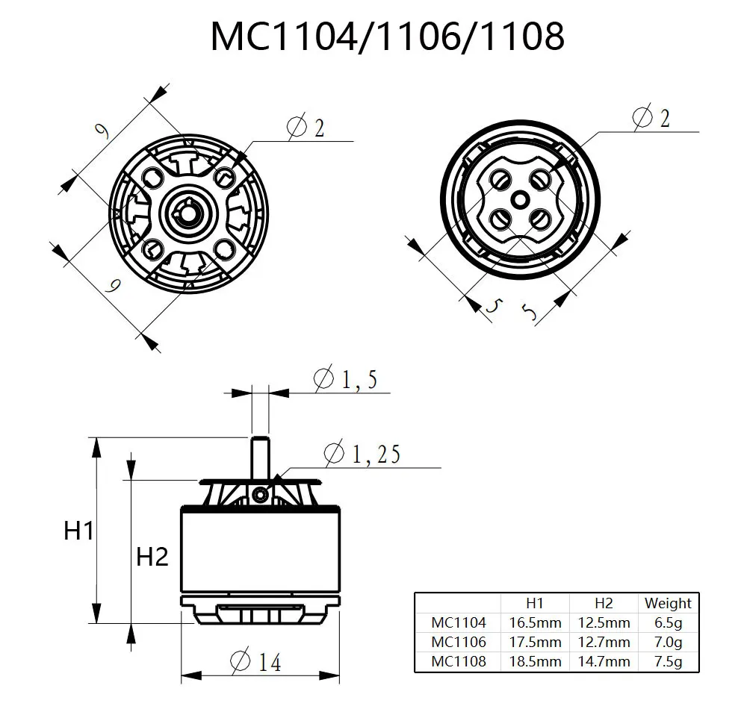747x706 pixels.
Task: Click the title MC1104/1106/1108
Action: [x=387, y=36]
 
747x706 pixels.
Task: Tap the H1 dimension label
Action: [x=79, y=531]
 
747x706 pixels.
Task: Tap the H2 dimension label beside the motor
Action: [x=152, y=556]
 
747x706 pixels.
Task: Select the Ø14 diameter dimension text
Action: [x=256, y=660]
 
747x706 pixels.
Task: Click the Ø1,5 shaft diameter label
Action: [x=345, y=380]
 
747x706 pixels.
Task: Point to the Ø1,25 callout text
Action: [x=362, y=453]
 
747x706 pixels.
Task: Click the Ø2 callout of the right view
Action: [x=651, y=117]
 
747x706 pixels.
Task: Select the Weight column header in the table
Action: [x=668, y=603]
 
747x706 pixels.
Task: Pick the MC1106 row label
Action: [x=458, y=642]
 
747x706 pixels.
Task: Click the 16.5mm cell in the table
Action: [x=534, y=622]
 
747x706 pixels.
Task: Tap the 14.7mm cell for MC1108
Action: [x=604, y=661]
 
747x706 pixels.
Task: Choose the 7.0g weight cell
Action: [x=668, y=642]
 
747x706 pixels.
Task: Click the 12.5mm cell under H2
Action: [x=604, y=622]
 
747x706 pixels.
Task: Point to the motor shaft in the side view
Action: [x=259, y=455]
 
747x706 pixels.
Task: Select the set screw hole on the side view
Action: [x=259, y=493]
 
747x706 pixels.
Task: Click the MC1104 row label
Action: [x=458, y=622]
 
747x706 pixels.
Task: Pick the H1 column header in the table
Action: [x=534, y=603]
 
